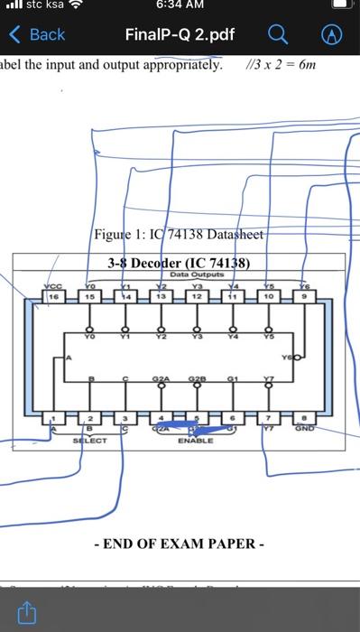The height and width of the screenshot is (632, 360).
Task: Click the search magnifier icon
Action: pyautogui.click(x=279, y=34)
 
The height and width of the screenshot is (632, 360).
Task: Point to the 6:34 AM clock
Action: pyautogui.click(x=180, y=7)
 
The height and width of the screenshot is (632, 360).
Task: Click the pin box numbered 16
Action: pyautogui.click(x=54, y=294)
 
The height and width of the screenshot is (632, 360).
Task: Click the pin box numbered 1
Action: pyautogui.click(x=54, y=418)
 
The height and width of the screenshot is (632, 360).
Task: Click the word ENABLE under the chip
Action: pyautogui.click(x=195, y=441)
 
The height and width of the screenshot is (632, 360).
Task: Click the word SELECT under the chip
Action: pyautogui.click(x=89, y=441)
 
